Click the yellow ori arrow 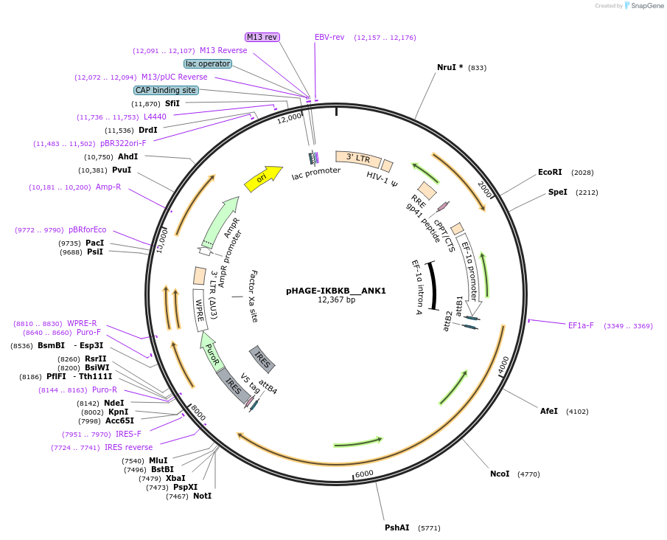tap(263, 178)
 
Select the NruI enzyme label tap(450, 67)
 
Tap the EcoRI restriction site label tap(550, 172)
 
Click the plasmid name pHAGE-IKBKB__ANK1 tap(336, 291)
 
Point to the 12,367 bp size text tap(336, 300)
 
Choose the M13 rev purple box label tap(262, 37)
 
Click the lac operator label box tap(208, 63)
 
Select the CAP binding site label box tap(166, 90)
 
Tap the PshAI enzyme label tap(397, 527)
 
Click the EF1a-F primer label tap(581, 325)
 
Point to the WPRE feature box tap(199, 305)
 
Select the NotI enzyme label tap(202, 496)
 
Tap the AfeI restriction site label tap(549, 411)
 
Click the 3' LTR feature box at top tap(358, 159)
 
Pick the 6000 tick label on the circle tap(365, 474)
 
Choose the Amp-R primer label tap(108, 187)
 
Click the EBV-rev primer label tap(329, 37)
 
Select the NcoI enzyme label tap(500, 474)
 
